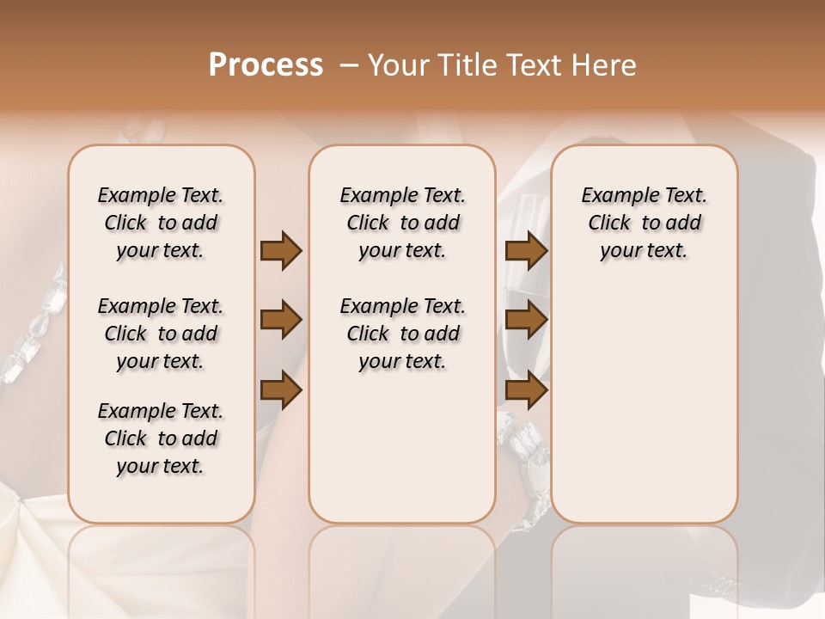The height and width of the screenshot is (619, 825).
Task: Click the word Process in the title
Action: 266,65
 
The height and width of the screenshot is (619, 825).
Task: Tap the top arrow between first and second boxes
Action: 281,250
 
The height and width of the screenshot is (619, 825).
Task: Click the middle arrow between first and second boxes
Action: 281,321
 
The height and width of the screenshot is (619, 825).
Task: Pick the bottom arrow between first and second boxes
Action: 281,391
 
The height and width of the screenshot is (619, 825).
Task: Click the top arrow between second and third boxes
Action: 526,250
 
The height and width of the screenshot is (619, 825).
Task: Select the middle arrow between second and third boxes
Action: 526,321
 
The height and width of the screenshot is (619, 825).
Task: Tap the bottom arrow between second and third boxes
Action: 526,391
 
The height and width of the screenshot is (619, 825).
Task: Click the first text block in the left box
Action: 161,223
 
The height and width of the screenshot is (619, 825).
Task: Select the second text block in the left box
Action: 161,334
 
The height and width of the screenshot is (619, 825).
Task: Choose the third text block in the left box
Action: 161,438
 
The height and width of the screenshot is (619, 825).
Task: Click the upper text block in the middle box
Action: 403,223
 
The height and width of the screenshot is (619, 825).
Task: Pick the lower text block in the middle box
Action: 403,334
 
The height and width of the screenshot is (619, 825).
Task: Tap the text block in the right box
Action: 645,223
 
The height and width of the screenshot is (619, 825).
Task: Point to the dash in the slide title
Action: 350,65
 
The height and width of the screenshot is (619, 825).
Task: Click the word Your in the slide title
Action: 397,65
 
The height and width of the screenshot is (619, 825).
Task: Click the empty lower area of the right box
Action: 645,404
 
